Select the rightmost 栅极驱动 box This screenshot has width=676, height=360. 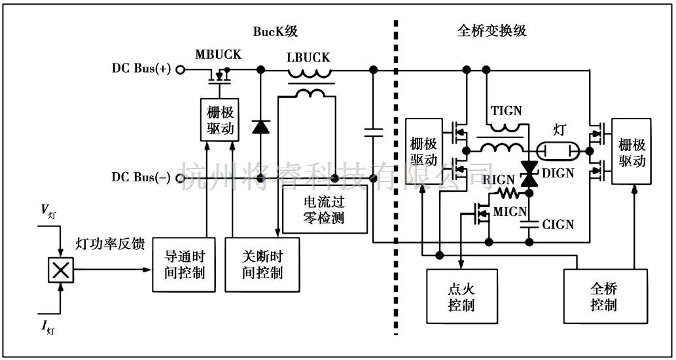(632, 152)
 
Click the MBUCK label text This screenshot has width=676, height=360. (218, 54)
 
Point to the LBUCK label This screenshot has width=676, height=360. (308, 58)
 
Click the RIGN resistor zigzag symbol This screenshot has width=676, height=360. (507, 193)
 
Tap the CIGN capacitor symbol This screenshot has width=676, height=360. (528, 225)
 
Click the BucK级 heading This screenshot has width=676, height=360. (275, 31)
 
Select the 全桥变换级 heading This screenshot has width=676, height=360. (491, 31)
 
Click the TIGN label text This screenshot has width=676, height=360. (506, 111)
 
